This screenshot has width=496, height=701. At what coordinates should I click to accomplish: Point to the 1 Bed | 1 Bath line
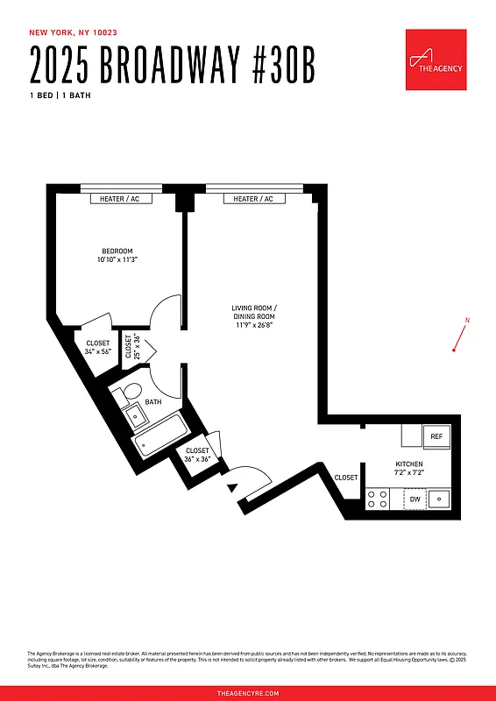click(x=60, y=95)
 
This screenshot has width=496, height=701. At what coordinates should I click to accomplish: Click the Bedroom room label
click(x=117, y=254)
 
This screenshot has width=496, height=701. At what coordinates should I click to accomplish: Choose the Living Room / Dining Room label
click(x=254, y=316)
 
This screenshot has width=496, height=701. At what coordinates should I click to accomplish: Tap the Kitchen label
click(x=409, y=467)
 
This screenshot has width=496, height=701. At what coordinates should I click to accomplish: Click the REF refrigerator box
click(x=436, y=435)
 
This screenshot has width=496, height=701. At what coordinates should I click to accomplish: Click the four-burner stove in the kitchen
click(x=378, y=499)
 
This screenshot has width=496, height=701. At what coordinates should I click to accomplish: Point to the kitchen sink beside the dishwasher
click(x=441, y=499)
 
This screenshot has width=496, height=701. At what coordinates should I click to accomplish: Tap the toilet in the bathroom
click(x=131, y=392)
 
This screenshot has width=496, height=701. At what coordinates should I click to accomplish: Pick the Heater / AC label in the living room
click(x=253, y=199)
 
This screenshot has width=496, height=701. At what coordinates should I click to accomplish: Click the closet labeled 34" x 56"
click(x=97, y=347)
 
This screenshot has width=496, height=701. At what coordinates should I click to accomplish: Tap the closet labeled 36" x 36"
click(x=197, y=455)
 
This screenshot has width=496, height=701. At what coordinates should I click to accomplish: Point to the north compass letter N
click(x=467, y=321)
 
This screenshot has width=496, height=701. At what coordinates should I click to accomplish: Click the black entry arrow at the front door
click(x=232, y=487)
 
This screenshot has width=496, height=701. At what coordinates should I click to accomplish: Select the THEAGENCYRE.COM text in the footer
click(x=248, y=692)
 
